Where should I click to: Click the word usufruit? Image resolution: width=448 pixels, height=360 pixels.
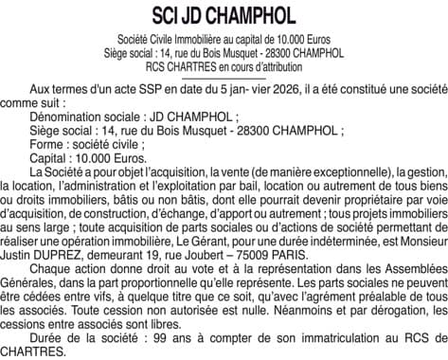point(314,213)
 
